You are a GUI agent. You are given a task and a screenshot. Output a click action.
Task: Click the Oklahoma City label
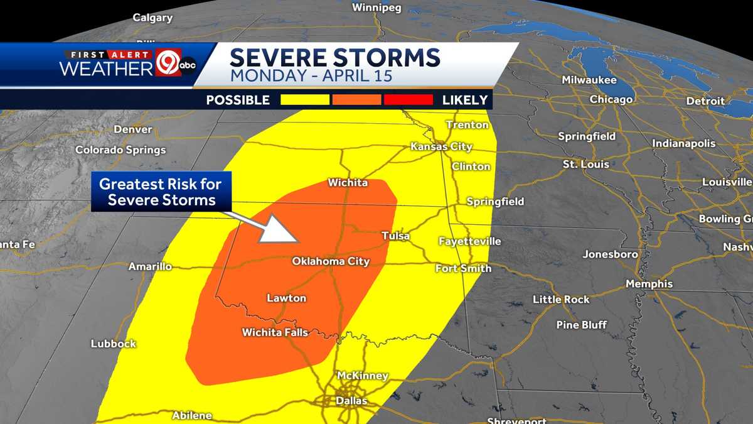pos(331,261)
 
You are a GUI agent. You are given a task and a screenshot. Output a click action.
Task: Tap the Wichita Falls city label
pos(275,332)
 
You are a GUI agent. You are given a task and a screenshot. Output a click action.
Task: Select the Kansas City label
pos(441,146)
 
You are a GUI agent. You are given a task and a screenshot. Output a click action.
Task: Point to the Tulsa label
pos(395,236)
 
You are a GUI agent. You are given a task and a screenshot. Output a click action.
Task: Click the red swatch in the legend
pos(409,100)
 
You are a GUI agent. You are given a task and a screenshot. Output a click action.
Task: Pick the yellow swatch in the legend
pos(305,100)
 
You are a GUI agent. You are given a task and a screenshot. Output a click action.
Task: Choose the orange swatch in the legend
pos(356,100)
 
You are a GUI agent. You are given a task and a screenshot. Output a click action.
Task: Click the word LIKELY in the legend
pos(464,100)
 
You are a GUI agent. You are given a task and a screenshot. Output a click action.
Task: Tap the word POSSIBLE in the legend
pos(238,100)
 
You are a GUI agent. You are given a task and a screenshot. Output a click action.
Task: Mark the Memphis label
pos(649,284)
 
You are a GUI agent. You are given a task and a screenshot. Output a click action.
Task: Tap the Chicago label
pos(611,99)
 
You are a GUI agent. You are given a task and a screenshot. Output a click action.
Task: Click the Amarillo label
pos(150,266)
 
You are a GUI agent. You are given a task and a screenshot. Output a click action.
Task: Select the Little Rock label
pos(561,300)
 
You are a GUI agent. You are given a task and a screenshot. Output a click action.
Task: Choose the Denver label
pos(133,129)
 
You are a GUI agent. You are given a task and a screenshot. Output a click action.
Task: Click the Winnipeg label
pos(376,8)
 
